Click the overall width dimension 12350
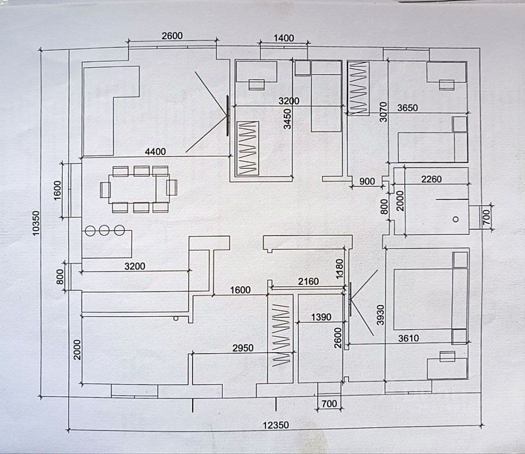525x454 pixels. click(x=276, y=424)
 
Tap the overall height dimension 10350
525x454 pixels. click(x=36, y=223)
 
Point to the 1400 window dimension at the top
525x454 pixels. click(x=283, y=38)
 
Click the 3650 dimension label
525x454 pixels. click(x=407, y=108)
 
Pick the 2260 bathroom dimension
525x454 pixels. click(x=431, y=179)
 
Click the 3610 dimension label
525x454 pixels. click(x=408, y=338)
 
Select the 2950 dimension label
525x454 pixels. click(x=243, y=348)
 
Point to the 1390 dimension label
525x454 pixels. click(x=321, y=317)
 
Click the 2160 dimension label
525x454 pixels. click(x=308, y=281)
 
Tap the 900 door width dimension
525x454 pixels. click(x=367, y=181)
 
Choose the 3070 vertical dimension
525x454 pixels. click(x=384, y=111)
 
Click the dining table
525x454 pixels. click(x=133, y=188)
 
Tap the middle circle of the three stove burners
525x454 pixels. click(x=104, y=230)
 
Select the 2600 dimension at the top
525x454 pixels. click(x=172, y=36)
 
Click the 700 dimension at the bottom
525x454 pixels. click(x=329, y=403)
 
